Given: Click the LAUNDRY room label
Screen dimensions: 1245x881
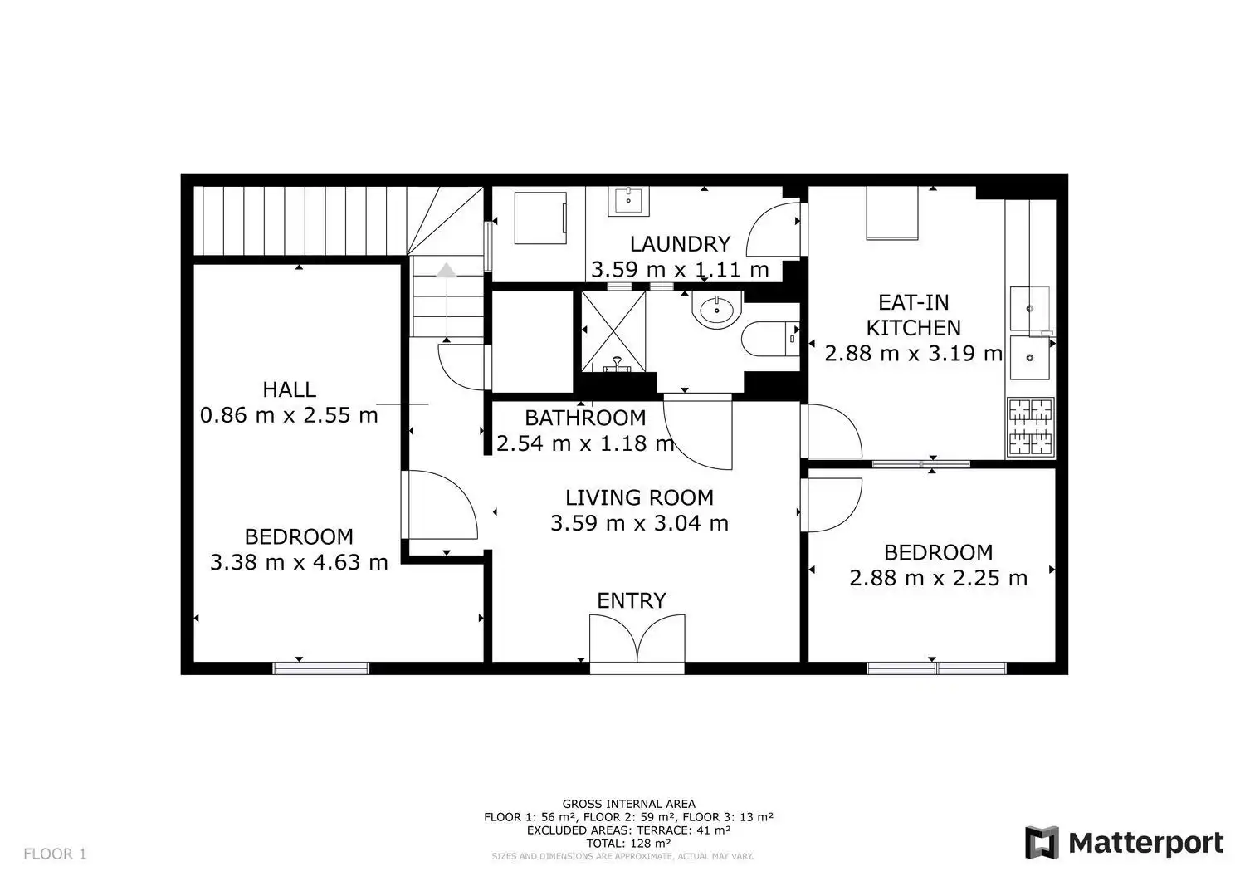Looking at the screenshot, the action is click(x=680, y=243).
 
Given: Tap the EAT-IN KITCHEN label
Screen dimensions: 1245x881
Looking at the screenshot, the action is click(x=914, y=316).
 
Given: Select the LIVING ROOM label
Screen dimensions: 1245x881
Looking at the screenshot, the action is click(x=639, y=497).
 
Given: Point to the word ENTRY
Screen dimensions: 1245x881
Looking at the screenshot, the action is click(x=632, y=600).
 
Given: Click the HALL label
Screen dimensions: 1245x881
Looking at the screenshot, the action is click(x=289, y=389).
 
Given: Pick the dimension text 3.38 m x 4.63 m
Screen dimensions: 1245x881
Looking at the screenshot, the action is click(x=299, y=562).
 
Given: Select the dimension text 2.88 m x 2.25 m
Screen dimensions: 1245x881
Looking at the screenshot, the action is click(x=938, y=577).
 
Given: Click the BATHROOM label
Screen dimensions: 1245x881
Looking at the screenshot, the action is click(x=584, y=418).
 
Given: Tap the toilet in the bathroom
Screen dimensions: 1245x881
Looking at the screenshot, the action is click(x=770, y=339).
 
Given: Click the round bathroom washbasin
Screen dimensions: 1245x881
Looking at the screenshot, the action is click(x=717, y=311).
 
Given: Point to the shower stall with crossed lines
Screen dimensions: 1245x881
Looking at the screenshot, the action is click(x=613, y=331).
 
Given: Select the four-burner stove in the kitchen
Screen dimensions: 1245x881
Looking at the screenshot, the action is click(x=1031, y=427).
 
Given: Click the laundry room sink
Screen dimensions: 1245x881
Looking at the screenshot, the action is click(x=628, y=201).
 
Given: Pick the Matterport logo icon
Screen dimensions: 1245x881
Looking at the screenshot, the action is click(x=1042, y=843).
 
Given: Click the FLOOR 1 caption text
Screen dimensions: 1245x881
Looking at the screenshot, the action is click(x=55, y=854).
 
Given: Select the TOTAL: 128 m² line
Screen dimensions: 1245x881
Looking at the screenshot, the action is click(x=628, y=843).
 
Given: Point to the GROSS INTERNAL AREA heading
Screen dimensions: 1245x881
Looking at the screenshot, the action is click(x=628, y=804).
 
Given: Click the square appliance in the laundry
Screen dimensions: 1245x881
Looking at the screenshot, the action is click(x=540, y=218).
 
